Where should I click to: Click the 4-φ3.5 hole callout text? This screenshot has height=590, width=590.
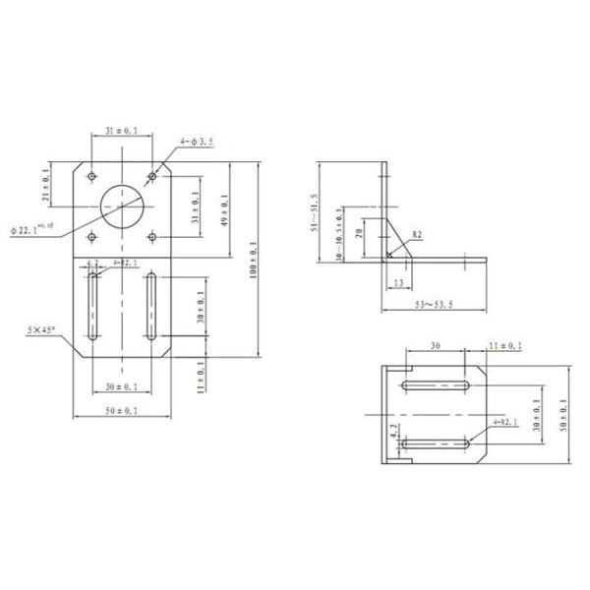pos(198,142)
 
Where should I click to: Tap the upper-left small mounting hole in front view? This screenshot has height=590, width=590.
pos(91,176)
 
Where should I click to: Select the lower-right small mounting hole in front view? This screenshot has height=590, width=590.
pos(152,236)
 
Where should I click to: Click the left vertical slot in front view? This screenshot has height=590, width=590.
pos(92,307)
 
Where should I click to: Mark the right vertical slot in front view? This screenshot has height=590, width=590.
pos(152,307)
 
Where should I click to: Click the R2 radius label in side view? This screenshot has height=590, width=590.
pos(418,236)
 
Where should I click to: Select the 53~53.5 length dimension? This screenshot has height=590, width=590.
pos(433,307)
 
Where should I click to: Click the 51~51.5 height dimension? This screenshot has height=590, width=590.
pos(314,212)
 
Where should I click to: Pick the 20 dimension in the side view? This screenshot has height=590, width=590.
pos(362,233)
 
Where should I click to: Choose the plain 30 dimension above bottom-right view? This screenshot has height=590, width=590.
pos(434,346)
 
